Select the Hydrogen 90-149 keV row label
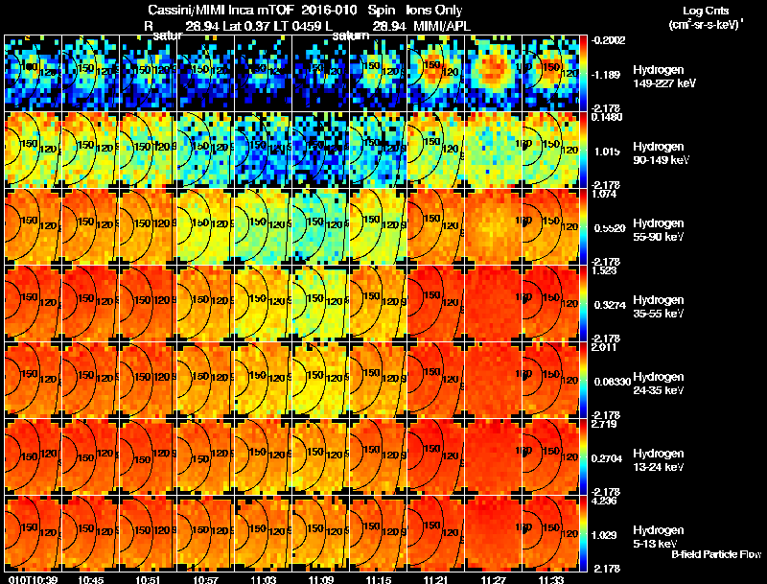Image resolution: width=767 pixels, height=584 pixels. pyautogui.click(x=657, y=152)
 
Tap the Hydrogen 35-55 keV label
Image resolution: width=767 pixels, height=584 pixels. pyautogui.click(x=657, y=306)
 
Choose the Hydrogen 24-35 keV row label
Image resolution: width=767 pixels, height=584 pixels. pyautogui.click(x=657, y=383)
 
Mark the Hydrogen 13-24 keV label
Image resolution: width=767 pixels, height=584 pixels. pyautogui.click(x=657, y=459)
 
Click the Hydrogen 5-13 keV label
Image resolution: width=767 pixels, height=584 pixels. pyautogui.click(x=657, y=536)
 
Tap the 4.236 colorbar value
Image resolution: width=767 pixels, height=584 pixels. pyautogui.click(x=606, y=499)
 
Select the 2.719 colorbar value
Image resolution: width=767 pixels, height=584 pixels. pyautogui.click(x=606, y=423)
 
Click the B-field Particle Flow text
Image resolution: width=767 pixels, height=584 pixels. pyautogui.click(x=715, y=554)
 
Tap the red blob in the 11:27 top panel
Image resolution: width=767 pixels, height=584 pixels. pyautogui.click(x=493, y=67)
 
